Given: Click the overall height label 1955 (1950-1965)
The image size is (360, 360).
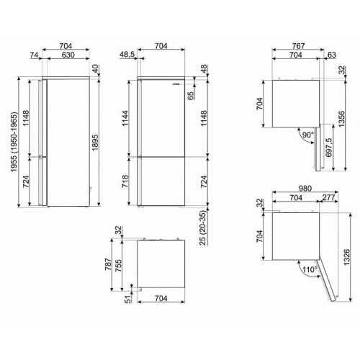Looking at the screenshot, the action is coord(15,142).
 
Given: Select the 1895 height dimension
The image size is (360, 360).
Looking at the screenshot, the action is coord(95,143).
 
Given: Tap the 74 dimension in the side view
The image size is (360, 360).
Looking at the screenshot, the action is coord(34,55).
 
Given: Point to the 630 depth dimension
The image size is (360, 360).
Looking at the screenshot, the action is coord(68,55).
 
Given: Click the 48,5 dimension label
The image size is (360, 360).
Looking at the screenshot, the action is coord(127,55).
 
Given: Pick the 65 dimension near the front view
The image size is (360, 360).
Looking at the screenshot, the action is coord(190,96).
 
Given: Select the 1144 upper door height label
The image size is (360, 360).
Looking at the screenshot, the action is coord(125,118).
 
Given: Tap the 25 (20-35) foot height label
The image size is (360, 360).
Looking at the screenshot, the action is coord(204,228).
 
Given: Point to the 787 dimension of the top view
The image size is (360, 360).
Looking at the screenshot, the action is coord(108,264).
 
